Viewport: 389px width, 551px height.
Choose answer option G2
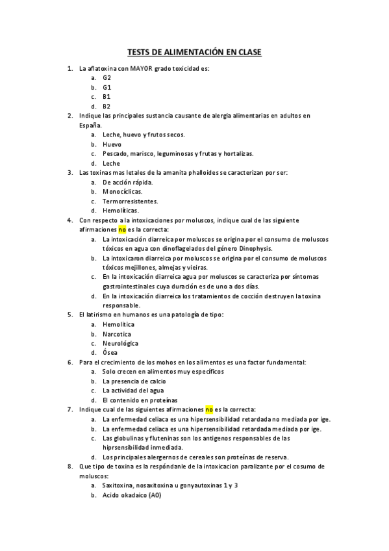tap(107, 77)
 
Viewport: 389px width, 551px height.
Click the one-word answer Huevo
tap(112, 144)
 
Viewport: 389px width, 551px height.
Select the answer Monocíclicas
tap(122, 192)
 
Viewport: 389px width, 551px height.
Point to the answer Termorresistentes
tap(130, 201)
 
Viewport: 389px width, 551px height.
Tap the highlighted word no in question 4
tap(121, 229)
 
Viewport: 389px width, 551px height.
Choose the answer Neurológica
tap(121, 343)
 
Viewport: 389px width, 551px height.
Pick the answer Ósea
tap(110, 353)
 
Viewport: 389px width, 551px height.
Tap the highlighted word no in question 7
tap(209, 409)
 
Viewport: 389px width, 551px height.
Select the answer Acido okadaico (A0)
tap(131, 495)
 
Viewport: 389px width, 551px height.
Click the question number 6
tap(69, 362)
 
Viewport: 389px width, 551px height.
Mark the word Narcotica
tap(118, 333)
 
